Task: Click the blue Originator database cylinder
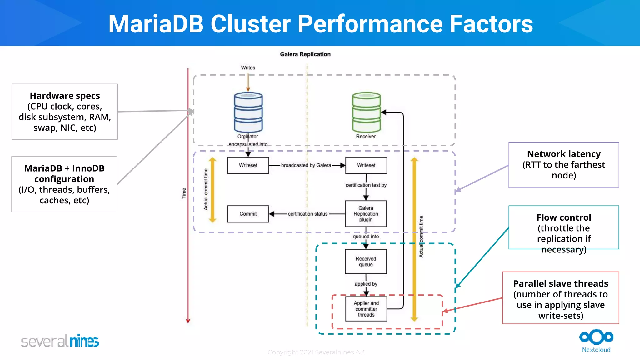(x=248, y=112)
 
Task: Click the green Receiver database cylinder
(x=366, y=112)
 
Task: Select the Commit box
(x=248, y=214)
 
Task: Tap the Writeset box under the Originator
(x=248, y=165)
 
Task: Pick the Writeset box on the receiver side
(x=366, y=165)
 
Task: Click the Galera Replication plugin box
(x=366, y=214)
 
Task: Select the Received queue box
(x=366, y=262)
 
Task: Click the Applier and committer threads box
(x=366, y=309)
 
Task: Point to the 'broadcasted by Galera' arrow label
(x=306, y=165)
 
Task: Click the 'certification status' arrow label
(x=307, y=214)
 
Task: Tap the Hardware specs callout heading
(x=65, y=96)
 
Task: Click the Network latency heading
(x=564, y=154)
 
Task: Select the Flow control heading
(x=564, y=217)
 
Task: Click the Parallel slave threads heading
(x=561, y=284)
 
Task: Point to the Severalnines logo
(x=60, y=341)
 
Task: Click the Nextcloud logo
(x=596, y=340)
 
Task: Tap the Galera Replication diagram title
(x=305, y=54)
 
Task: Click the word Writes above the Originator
(x=248, y=68)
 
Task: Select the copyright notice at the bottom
(x=316, y=352)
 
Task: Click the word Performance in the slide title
(x=370, y=24)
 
